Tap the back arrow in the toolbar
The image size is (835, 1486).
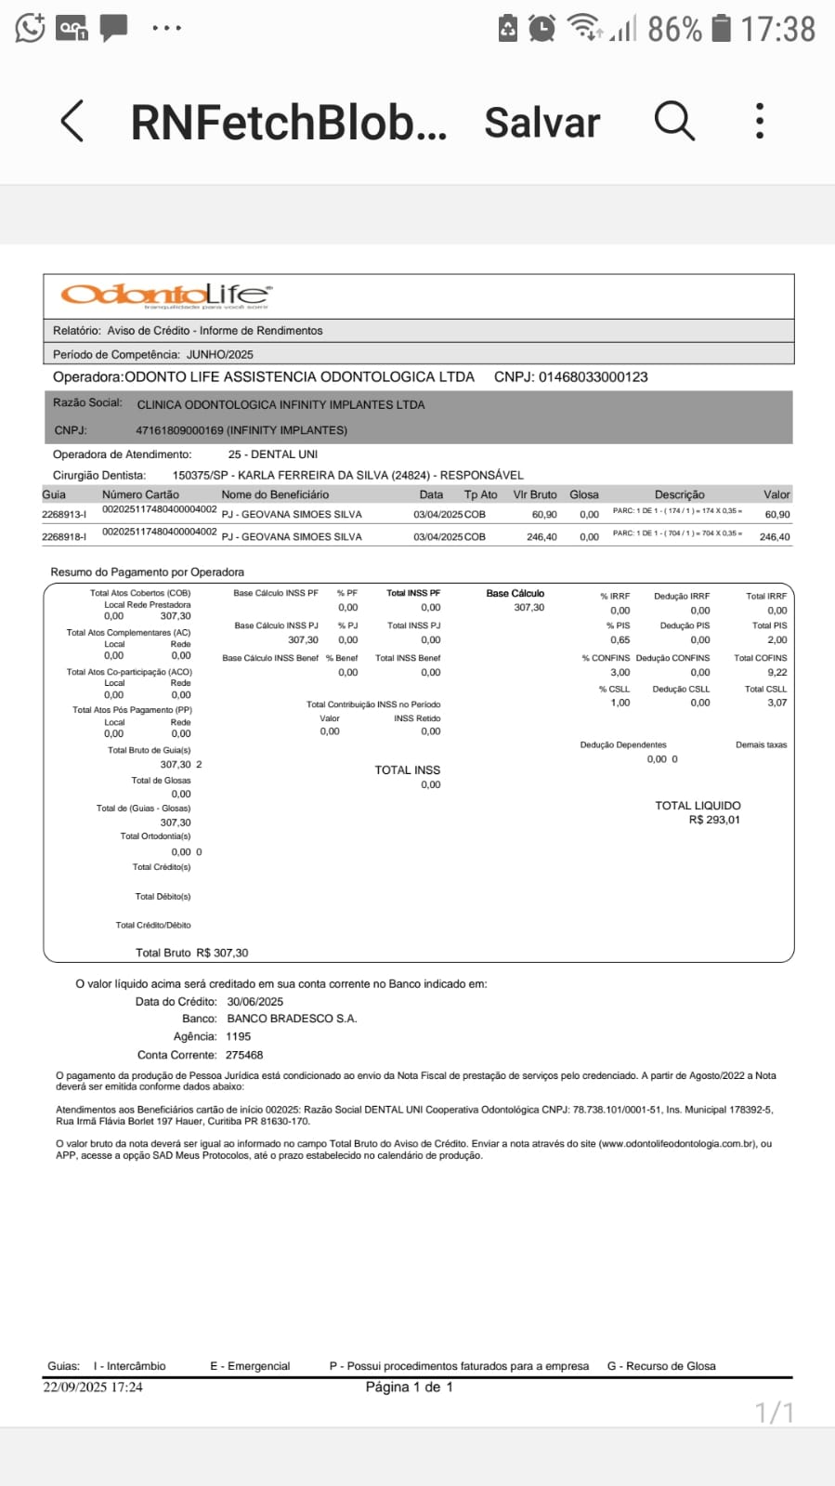click(x=72, y=121)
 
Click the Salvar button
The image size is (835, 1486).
click(x=542, y=123)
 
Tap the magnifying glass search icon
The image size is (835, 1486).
click(x=674, y=121)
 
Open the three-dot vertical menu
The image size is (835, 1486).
click(x=760, y=121)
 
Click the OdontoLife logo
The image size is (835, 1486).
click(x=166, y=296)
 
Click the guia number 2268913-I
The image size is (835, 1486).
click(x=64, y=515)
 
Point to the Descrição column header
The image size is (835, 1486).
click(x=679, y=495)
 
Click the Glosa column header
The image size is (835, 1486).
click(x=584, y=495)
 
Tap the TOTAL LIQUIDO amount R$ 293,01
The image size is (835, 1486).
click(x=714, y=821)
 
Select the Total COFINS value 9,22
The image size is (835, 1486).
click(x=776, y=672)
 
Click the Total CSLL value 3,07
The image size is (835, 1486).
click(x=776, y=703)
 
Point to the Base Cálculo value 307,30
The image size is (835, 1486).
click(x=529, y=608)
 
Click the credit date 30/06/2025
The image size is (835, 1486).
click(x=255, y=1002)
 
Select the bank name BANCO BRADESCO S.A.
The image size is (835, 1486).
click(x=292, y=1019)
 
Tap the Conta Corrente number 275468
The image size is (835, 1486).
click(x=244, y=1055)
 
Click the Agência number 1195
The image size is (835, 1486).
click(x=239, y=1036)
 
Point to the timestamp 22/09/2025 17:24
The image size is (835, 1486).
click(x=93, y=1387)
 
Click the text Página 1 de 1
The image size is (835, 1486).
click(x=410, y=1387)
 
